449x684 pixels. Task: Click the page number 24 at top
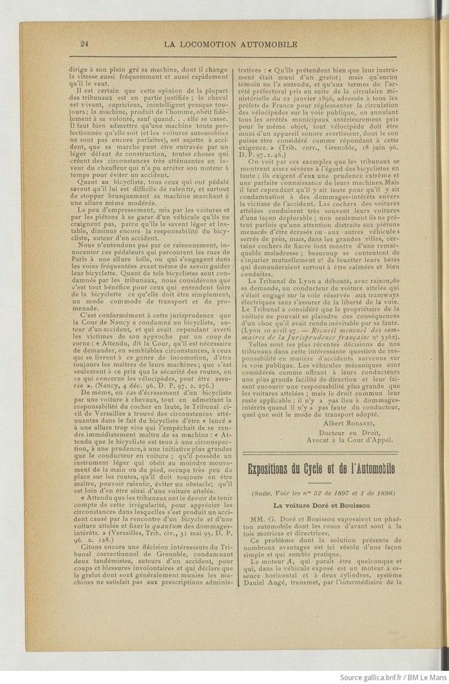pyautogui.click(x=85, y=45)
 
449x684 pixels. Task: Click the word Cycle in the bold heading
pyautogui.click(x=332, y=468)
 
